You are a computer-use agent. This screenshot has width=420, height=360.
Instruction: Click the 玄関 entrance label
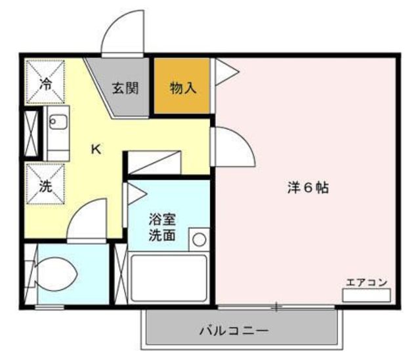pyautogui.click(x=124, y=88)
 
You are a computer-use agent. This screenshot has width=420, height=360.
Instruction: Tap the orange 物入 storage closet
pyautogui.click(x=183, y=88)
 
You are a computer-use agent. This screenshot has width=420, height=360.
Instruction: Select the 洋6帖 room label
pyautogui.click(x=307, y=188)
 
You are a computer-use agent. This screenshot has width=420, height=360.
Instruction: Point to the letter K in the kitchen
pyautogui.click(x=96, y=149)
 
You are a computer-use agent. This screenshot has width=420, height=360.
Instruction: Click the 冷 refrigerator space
pyautogui.click(x=45, y=83)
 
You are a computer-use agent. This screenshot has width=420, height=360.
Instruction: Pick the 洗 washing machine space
pyautogui.click(x=45, y=186)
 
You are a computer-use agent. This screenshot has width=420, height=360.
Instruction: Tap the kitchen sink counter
pyautogui.click(x=58, y=136)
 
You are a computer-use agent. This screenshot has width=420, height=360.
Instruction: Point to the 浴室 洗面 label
pyautogui.click(x=161, y=227)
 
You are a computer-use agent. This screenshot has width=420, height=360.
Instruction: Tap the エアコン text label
pyautogui.click(x=366, y=283)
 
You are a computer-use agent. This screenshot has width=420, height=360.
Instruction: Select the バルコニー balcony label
pyautogui.click(x=234, y=330)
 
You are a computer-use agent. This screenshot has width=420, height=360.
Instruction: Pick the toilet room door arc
pyautogui.click(x=89, y=223)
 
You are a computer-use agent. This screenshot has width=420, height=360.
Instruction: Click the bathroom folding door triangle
pyautogui.click(x=135, y=194)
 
